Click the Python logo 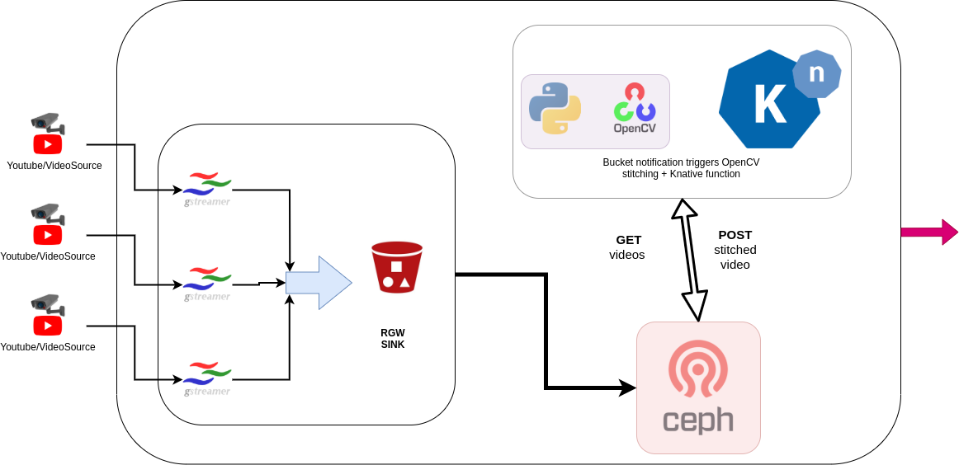555,108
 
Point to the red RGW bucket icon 396,267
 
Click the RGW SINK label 393,339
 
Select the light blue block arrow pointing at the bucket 319,283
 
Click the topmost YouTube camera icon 48,134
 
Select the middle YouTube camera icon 48,225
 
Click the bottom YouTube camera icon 48,316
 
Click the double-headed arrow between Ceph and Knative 690,260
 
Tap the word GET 628,240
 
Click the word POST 735,235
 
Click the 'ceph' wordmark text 698,420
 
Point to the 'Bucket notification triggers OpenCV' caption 681,162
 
